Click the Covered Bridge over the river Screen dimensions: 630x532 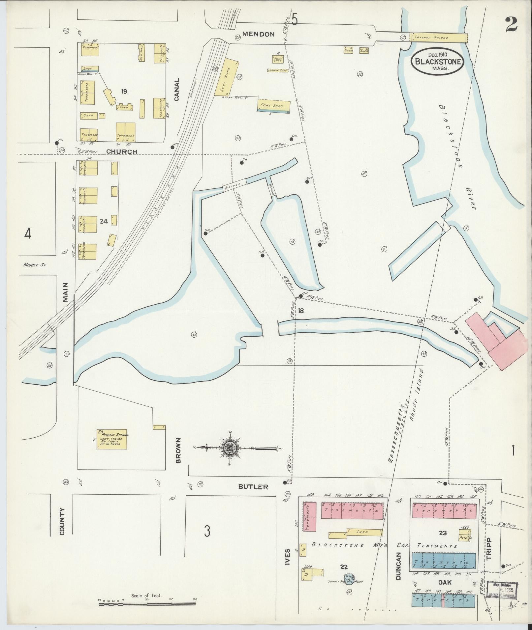438,38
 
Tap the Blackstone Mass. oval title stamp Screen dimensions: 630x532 438,61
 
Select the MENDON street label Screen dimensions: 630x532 258,34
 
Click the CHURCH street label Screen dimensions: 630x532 121,152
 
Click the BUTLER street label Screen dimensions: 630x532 253,487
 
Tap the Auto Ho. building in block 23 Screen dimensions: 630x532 464,535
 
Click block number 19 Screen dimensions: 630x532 124,91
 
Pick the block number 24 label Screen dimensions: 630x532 104,222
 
